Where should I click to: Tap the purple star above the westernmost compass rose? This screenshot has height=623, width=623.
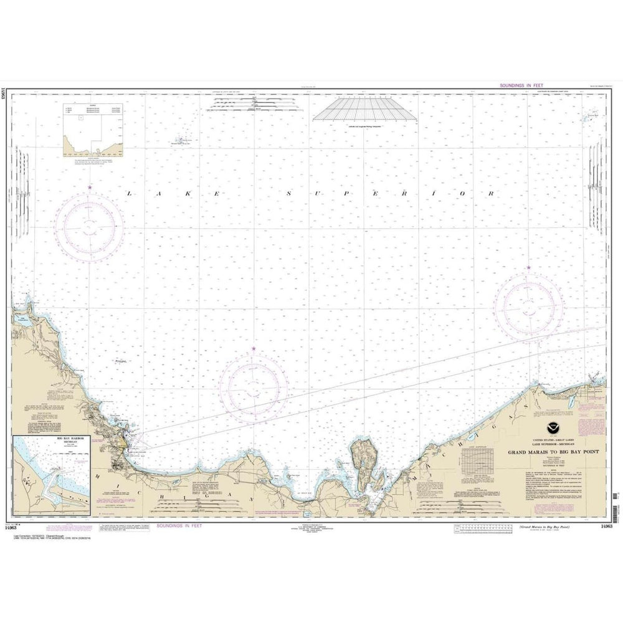pyautogui.click(x=90, y=187)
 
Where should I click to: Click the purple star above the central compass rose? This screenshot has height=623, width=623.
pyautogui.click(x=254, y=348)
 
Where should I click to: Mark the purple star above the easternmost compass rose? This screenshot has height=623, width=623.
pyautogui.click(x=529, y=268)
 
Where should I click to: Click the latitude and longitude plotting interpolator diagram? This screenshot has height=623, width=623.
pyautogui.click(x=364, y=111)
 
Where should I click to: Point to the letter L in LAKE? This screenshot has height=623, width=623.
pyautogui.click(x=130, y=194)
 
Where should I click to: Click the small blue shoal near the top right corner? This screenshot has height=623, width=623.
pyautogui.click(x=587, y=118)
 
